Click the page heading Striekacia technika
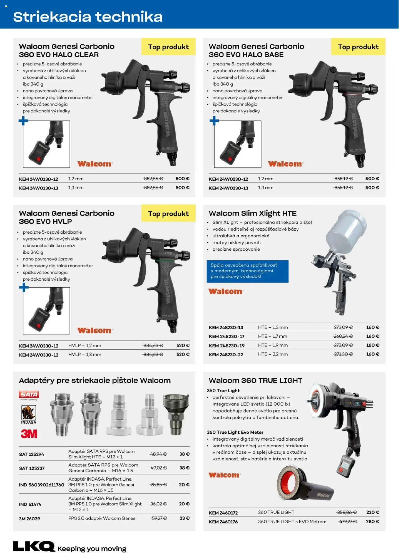[x=88, y=17]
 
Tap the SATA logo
[x=29, y=395]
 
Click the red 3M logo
[x=29, y=434]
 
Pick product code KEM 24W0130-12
[x=39, y=179]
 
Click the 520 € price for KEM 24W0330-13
[x=183, y=354]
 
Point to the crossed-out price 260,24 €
[x=343, y=336]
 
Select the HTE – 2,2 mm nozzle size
[x=273, y=354]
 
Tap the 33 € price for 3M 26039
[x=184, y=518]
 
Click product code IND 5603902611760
[x=41, y=485]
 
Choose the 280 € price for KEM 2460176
[x=372, y=522]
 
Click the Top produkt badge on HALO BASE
[x=358, y=47]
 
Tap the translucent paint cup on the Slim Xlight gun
[x=345, y=232]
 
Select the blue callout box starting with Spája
[x=247, y=271]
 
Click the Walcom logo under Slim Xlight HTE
[x=226, y=292]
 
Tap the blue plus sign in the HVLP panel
[x=24, y=287]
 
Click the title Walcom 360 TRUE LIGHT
[x=255, y=380]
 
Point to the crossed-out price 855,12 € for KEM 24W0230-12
[x=343, y=179]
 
